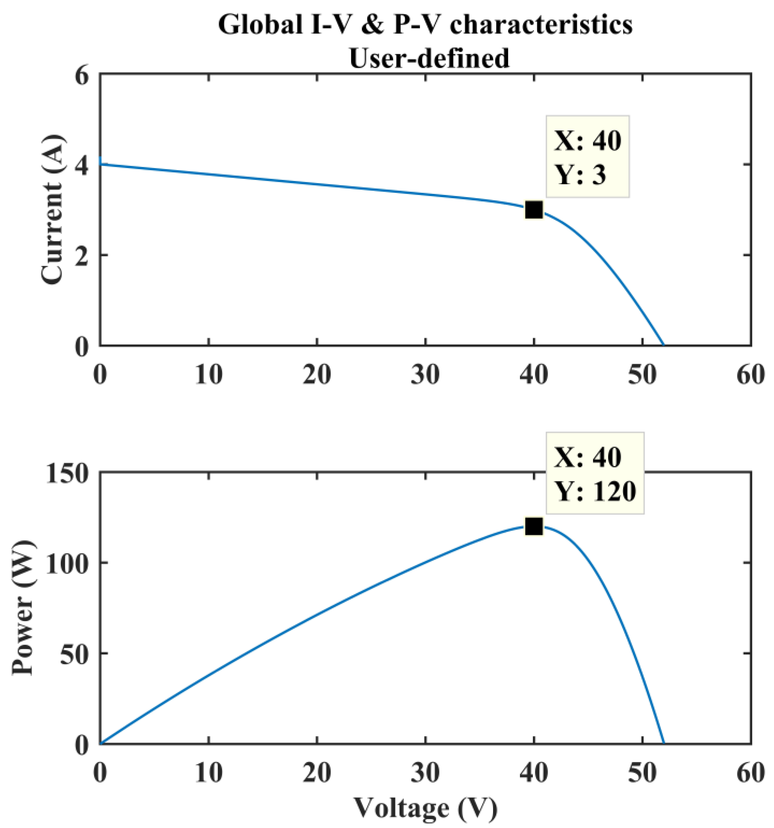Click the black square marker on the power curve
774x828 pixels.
[534, 527]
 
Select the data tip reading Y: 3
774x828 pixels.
[587, 157]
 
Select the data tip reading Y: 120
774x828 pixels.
[596, 473]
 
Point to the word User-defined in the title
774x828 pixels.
[429, 58]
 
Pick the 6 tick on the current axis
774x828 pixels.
[82, 77]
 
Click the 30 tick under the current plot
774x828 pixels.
[425, 374]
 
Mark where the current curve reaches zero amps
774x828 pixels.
[663, 345]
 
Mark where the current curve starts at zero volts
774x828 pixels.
[101, 164]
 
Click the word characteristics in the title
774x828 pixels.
[541, 25]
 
